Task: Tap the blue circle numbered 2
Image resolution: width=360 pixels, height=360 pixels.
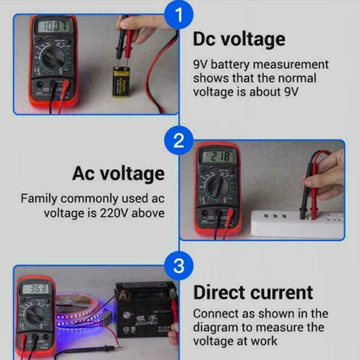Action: pyautogui.click(x=178, y=141)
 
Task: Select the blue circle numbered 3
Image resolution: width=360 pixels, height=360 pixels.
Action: pyautogui.click(x=178, y=266)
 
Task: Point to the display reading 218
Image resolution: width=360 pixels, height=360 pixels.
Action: pyautogui.click(x=217, y=157)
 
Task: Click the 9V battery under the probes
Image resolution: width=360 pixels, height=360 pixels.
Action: pyautogui.click(x=121, y=81)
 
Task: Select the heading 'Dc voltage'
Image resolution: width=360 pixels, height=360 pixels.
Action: pyautogui.click(x=239, y=39)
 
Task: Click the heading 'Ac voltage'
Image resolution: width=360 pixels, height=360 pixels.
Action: pyautogui.click(x=118, y=174)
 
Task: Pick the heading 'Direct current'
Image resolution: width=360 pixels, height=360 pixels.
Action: pyautogui.click(x=253, y=292)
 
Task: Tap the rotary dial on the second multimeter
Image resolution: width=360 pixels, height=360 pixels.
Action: pyautogui.click(x=215, y=187)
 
